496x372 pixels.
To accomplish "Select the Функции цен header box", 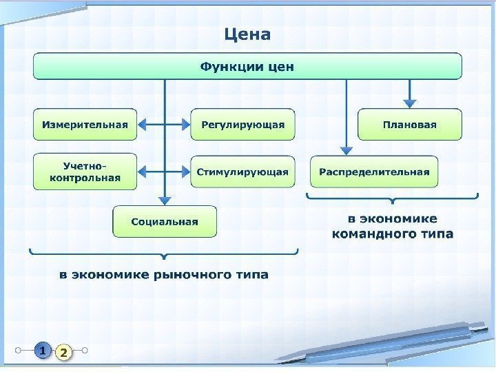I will [x=247, y=67].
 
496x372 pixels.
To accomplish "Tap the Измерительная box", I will [x=85, y=125].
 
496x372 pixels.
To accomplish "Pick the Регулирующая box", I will [x=242, y=125].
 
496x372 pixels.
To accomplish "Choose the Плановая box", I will [x=410, y=125].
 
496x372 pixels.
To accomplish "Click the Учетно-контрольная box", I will [x=85, y=172].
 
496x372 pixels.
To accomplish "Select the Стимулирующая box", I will [x=242, y=172].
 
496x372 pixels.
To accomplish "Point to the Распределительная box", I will [x=374, y=172].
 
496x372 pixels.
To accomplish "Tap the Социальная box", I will [x=165, y=221].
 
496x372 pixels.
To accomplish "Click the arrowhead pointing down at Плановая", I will [x=410, y=103].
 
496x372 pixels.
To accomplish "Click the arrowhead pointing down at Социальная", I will [x=165, y=200].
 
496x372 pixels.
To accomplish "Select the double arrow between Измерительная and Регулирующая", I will [x=164, y=125].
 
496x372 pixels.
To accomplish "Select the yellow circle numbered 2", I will [x=63, y=353].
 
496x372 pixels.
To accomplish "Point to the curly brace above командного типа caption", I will [x=392, y=199].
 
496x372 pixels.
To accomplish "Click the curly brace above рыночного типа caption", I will [x=163, y=254].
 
